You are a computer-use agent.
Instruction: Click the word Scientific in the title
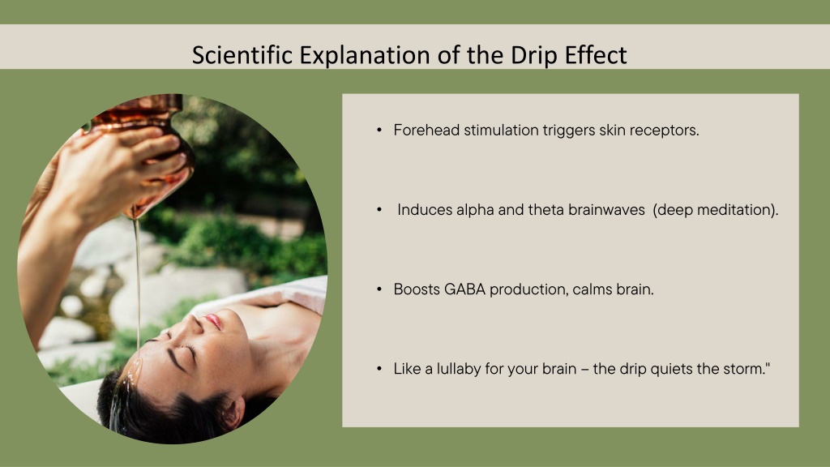[242, 54]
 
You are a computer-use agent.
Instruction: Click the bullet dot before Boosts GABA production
[379, 289]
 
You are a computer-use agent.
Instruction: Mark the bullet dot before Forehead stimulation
[379, 130]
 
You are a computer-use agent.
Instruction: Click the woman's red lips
[213, 321]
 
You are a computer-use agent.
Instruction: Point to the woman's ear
[233, 412]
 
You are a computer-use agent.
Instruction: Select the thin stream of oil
[137, 286]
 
